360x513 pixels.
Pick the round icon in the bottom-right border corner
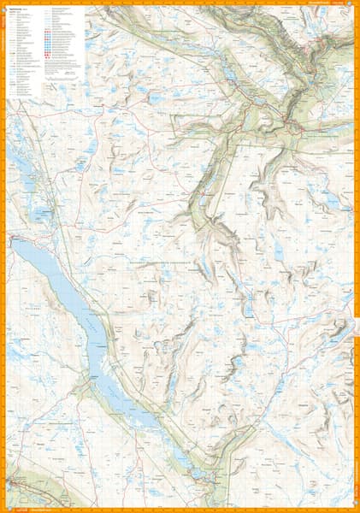(x=355, y=508)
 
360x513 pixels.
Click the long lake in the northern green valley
(x=231, y=77)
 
